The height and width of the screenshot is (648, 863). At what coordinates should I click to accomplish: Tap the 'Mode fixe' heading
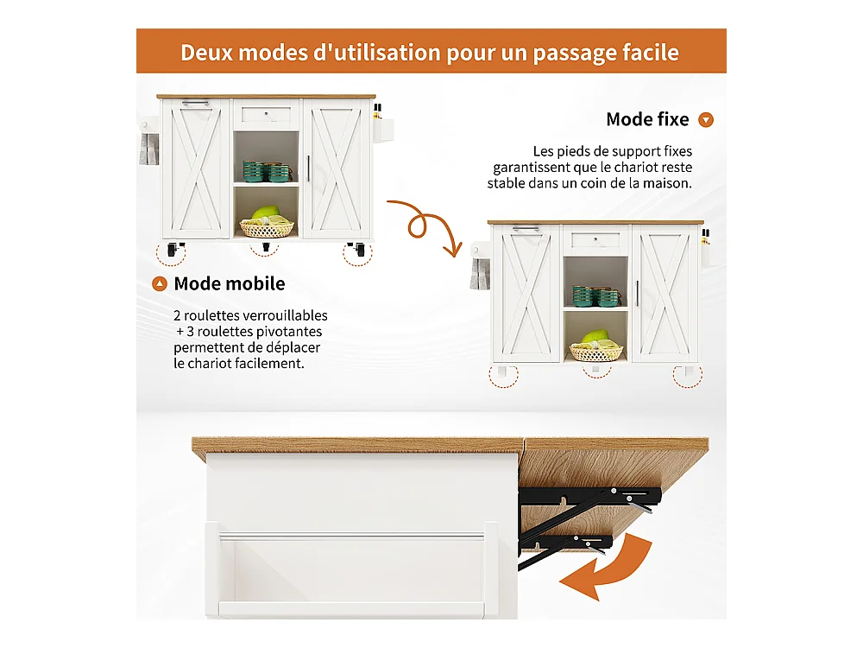[x=647, y=119]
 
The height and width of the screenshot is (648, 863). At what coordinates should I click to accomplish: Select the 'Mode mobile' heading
[x=230, y=283]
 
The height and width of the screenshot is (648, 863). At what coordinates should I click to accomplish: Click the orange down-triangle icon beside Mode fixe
[x=706, y=119]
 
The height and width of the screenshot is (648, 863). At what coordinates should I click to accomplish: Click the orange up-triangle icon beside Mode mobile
[x=160, y=283]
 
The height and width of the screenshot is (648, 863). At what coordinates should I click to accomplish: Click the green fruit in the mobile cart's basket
[x=265, y=213]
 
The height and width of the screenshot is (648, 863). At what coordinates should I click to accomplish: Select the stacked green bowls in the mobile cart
[x=267, y=171]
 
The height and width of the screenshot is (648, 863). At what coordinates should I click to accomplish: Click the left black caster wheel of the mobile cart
[x=173, y=249]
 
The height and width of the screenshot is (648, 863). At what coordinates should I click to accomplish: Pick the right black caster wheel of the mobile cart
[x=356, y=249]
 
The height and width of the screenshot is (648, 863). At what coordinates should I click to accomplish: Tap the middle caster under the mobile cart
[x=266, y=246]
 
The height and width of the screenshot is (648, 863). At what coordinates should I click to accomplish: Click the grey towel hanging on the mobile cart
[x=149, y=149]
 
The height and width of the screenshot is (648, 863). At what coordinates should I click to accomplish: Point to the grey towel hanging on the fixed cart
[x=480, y=274]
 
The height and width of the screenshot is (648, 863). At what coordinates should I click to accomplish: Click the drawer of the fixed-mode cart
[x=595, y=240]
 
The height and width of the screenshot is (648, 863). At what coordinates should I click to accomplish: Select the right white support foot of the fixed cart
[x=689, y=372]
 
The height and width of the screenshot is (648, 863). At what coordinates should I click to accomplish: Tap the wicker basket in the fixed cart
[x=596, y=353]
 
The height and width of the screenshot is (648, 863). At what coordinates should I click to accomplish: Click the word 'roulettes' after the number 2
[x=211, y=315]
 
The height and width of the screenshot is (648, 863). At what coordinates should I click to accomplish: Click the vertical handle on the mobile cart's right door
[x=308, y=168]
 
